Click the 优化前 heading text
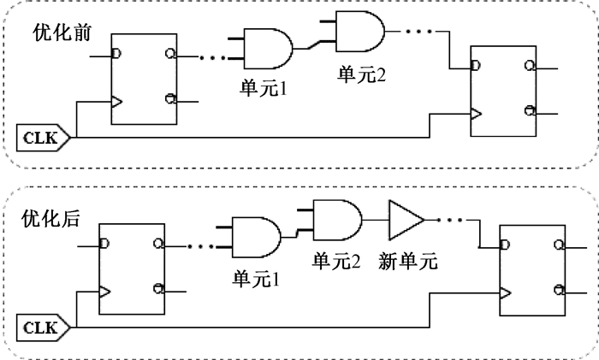coord(62,32)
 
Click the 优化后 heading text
coord(50,219)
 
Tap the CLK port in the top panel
coord(43,138)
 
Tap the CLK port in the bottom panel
coord(43,328)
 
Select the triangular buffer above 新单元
coord(406,221)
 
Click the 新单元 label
coord(408,262)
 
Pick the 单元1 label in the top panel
coord(264,88)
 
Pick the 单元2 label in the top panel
coord(361,74)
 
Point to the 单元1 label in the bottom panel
coord(256,279)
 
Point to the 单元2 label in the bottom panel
coord(336,262)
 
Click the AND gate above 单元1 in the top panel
coord(268,49)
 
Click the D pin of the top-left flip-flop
coord(116,53)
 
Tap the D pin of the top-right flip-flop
coord(476,66)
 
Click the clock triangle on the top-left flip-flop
coord(117,102)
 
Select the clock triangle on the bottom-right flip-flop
coord(506,293)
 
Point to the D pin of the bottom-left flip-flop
coord(104,243)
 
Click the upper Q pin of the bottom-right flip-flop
coord(559,245)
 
